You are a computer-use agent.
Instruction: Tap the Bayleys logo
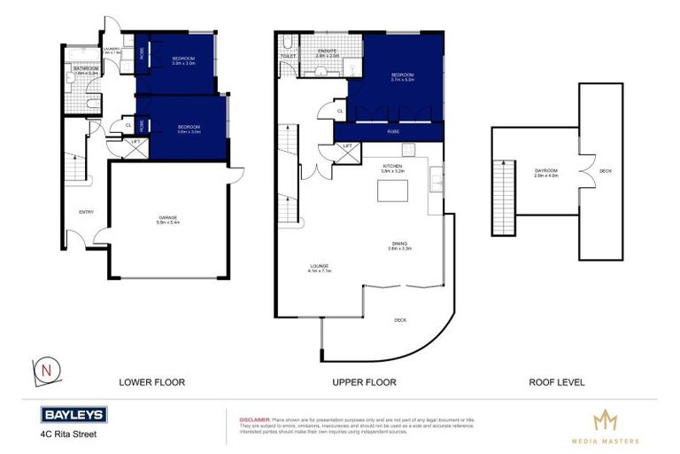[73, 415]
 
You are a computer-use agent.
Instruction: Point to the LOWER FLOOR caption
[151, 383]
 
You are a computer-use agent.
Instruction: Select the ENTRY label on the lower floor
[86, 212]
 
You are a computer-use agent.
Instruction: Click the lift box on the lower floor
[135, 146]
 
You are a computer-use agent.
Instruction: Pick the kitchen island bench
[386, 192]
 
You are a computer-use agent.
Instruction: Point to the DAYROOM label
[546, 171]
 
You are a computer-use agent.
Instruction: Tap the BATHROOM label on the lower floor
[86, 68]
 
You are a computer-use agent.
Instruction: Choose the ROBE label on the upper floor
[392, 131]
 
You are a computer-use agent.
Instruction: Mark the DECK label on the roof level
[605, 171]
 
